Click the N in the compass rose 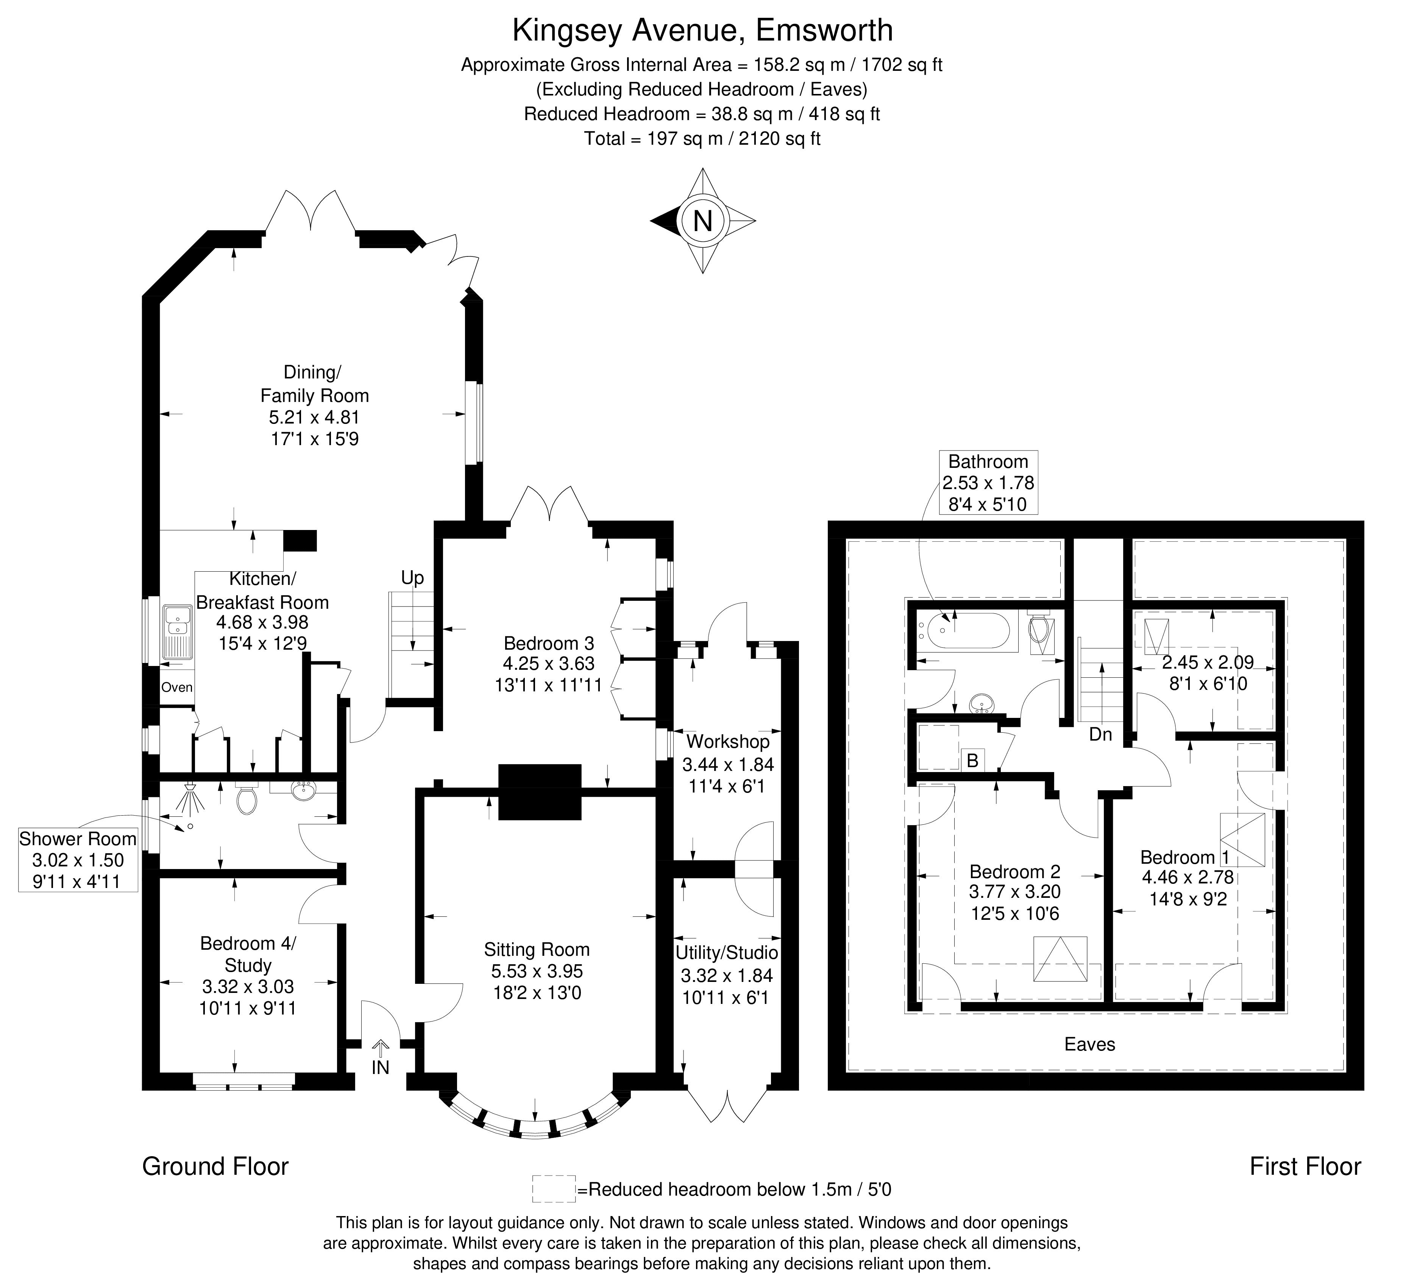(702, 221)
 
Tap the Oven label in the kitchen (176, 687)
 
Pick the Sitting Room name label (536, 949)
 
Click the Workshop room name (728, 741)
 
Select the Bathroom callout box (988, 482)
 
